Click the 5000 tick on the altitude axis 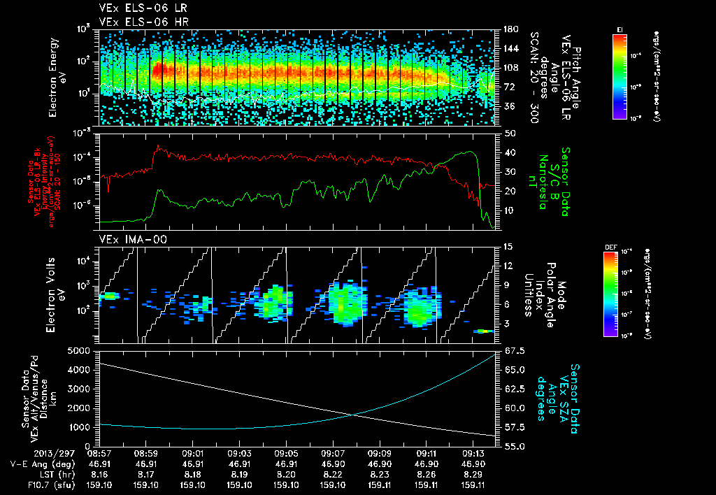click(83, 350)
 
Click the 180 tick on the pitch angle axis click(506, 29)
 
